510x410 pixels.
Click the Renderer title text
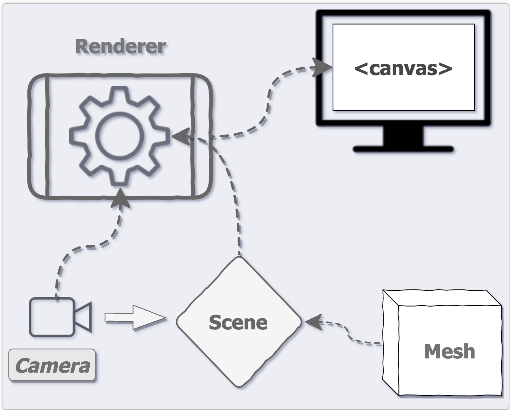coord(120,47)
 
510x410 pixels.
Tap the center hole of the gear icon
coord(119,135)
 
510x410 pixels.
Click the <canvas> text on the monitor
coord(403,68)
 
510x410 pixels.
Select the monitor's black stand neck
coord(403,136)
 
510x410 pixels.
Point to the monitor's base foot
coord(403,149)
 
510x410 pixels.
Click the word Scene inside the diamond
coord(238,322)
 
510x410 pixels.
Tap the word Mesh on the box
coord(449,351)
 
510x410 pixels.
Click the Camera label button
coord(52,366)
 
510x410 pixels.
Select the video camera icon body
coord(52,317)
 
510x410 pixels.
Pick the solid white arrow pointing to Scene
coord(135,318)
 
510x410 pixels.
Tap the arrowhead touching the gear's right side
coord(181,136)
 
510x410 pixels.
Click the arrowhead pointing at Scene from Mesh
coord(313,322)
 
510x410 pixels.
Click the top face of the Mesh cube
coord(442,298)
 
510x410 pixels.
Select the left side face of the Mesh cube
coord(390,342)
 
